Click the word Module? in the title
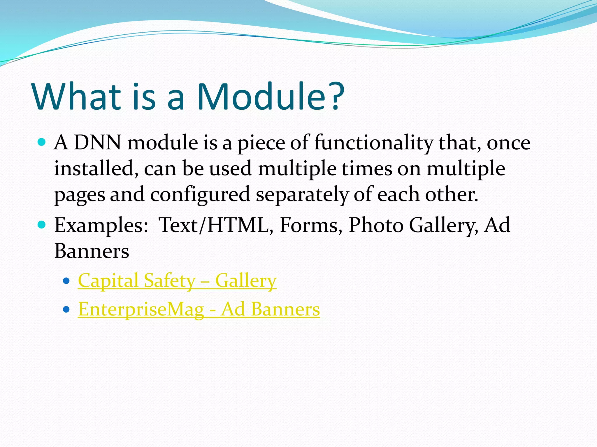point(271,97)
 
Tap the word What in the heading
point(77,97)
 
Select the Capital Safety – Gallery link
point(177,281)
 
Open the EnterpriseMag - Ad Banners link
point(199,309)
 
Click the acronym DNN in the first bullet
point(97,143)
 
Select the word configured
point(200,195)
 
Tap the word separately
point(302,195)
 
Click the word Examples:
point(101,225)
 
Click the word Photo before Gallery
point(376,225)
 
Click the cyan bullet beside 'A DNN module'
point(42,142)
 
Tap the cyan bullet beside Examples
point(42,225)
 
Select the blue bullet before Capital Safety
point(66,281)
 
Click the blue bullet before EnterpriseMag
point(66,309)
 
